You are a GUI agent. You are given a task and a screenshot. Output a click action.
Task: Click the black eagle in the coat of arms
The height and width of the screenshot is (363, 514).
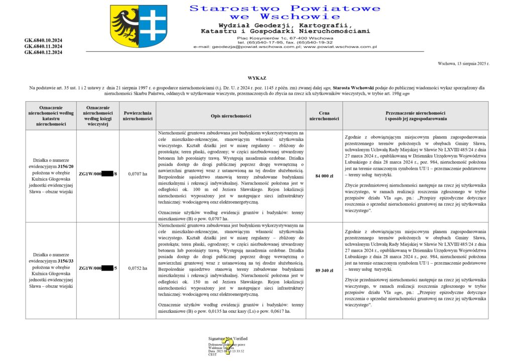tap(124, 26)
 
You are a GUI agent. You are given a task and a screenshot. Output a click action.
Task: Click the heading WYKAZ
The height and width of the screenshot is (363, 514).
tap(256, 78)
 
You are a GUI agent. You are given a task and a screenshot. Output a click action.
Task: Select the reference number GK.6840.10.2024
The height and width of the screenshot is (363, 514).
tap(43, 40)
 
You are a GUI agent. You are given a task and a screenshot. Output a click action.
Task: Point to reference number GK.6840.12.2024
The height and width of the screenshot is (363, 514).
tap(43, 52)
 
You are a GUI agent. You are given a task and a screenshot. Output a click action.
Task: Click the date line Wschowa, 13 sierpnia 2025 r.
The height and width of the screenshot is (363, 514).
tap(463, 64)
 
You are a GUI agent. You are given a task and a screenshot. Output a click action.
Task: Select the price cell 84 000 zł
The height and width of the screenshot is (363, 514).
tap(324, 176)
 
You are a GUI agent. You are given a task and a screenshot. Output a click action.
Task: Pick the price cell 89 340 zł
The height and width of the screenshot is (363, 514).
tap(324, 270)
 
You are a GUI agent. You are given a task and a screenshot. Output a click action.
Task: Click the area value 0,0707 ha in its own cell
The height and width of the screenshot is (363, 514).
tap(138, 174)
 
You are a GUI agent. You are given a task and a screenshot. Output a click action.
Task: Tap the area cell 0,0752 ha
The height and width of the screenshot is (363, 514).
tap(138, 268)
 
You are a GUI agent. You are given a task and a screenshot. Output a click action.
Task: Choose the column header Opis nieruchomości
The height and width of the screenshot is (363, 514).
tap(231, 116)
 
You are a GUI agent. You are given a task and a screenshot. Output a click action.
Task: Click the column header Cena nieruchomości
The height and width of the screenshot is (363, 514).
tap(324, 116)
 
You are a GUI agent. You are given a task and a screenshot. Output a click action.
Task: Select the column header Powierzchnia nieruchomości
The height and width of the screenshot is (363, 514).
tap(138, 116)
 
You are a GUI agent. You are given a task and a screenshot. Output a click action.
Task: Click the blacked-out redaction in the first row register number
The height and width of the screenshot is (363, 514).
tap(107, 174)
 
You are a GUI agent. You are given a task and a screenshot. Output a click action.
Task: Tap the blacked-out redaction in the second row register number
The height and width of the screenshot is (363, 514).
tap(107, 268)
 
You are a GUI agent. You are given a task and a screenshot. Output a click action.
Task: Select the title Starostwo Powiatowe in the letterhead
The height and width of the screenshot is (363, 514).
tap(285, 9)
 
